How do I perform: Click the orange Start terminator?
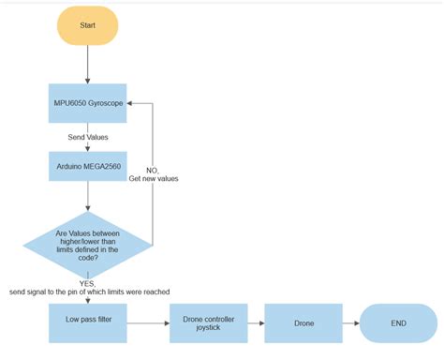(87, 25)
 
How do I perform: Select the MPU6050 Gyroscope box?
(87, 102)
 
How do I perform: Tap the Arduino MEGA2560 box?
(87, 166)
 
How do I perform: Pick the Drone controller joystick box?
(208, 323)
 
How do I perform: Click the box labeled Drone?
(303, 323)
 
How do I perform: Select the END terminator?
(398, 323)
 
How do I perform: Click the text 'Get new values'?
(154, 178)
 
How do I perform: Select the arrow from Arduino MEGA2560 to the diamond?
(87, 196)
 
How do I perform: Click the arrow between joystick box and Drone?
(256, 323)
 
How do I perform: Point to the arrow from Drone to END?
(350, 323)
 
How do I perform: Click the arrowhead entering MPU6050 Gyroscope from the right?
(130, 102)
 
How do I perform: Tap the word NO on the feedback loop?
(152, 170)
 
